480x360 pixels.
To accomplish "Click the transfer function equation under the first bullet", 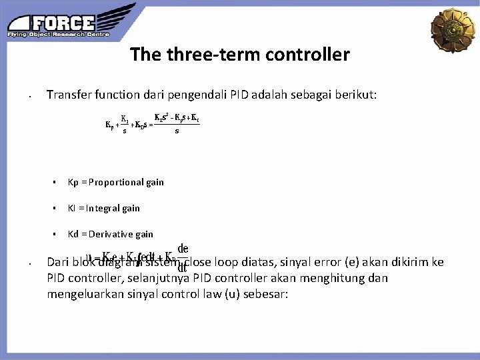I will click(x=153, y=124).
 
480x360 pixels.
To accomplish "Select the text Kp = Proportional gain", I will click(x=116, y=182).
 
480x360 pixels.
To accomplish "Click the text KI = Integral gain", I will click(x=104, y=208).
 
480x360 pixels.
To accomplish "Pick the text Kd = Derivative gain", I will click(x=111, y=234).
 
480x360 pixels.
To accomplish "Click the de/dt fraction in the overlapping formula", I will click(x=182, y=257).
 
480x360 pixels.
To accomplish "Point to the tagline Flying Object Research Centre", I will click(x=58, y=34).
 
